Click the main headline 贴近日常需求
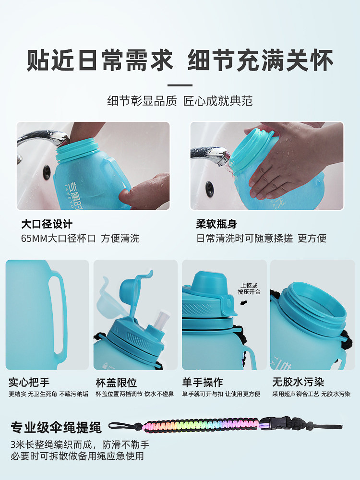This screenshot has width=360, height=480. tap(100, 60)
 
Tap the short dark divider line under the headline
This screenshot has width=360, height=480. tap(180, 85)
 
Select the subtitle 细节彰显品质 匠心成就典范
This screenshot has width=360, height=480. tap(180, 101)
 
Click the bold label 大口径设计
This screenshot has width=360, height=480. tap(47, 224)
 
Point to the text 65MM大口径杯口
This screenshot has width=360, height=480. tap(59, 238)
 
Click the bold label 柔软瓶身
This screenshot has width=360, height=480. tap(216, 224)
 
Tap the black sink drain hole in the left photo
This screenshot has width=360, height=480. tap(47, 172)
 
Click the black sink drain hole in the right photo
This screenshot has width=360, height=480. tap(209, 188)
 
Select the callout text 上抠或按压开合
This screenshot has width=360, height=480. tap(249, 288)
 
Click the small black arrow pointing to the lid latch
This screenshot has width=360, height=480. tap(244, 303)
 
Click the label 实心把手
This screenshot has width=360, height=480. tap(29, 383)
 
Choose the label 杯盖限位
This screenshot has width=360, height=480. tap(116, 383)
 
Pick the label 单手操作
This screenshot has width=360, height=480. tap(203, 383)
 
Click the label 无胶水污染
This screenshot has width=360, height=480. tap(298, 383)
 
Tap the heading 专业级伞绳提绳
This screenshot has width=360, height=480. tap(56, 428)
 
